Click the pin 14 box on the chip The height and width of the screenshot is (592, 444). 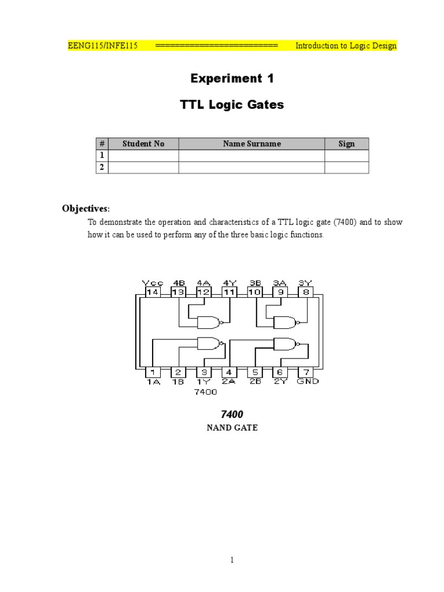pos(153,292)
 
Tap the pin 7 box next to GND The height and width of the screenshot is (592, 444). pos(306,372)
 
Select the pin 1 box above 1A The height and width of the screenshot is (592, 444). pos(153,372)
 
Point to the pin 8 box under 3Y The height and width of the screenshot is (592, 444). pos(306,292)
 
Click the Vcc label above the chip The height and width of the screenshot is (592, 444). pos(153,283)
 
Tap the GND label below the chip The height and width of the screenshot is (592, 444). pos(308,382)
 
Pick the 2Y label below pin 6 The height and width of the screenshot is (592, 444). pos(280,382)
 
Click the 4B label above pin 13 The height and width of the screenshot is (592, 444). pos(179,283)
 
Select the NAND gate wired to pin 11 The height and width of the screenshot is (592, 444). pos(209,322)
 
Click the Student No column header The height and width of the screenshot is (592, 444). pos(143,143)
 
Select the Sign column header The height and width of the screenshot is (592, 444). pos(347,143)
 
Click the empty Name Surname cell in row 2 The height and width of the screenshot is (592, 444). pos(251,167)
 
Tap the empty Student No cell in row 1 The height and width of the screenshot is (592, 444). pos(143,156)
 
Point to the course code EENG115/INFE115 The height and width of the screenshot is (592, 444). pos(103,46)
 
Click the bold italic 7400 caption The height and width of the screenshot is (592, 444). pos(232,414)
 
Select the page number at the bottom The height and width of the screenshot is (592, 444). pos(232,560)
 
